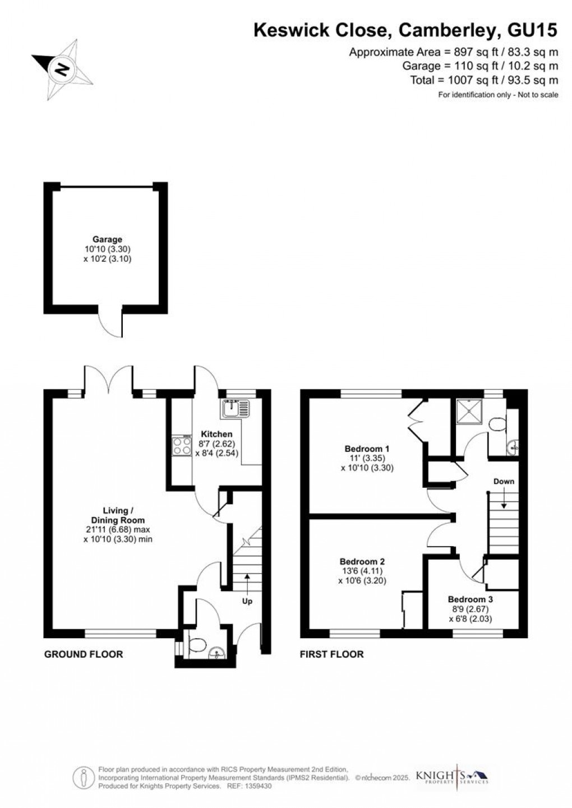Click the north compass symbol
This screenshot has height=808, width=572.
point(61,70)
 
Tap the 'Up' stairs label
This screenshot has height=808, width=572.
point(247,601)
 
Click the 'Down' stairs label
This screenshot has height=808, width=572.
point(504,481)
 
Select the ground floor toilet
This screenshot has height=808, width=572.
point(197,645)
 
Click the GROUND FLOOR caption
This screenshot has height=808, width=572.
point(84,654)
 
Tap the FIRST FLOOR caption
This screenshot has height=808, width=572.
point(331,654)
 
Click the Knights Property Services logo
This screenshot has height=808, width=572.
point(451,777)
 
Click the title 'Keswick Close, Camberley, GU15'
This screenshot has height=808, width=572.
point(405,30)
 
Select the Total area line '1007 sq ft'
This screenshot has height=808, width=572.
point(484,80)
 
